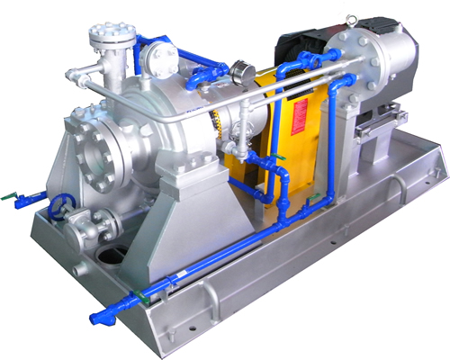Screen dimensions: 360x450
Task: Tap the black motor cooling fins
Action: (297, 45)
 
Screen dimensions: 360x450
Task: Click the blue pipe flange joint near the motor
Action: (345, 81)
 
